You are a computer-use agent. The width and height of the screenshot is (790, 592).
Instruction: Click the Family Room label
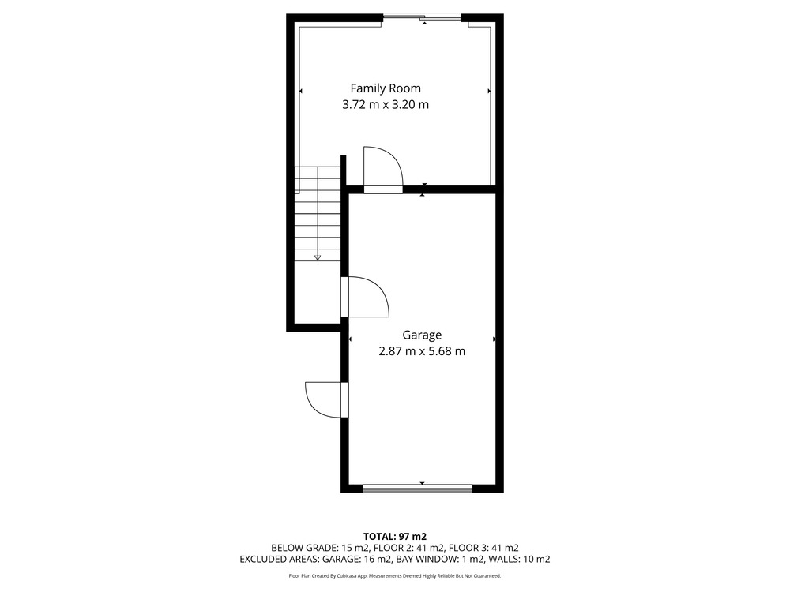[386, 89]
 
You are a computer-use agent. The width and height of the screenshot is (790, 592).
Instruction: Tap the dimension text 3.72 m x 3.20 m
[386, 105]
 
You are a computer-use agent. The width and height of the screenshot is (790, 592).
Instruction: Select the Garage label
[422, 335]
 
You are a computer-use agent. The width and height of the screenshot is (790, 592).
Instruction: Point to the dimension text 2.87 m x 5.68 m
[422, 351]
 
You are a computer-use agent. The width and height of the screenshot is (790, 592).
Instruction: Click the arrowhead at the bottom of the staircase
[318, 258]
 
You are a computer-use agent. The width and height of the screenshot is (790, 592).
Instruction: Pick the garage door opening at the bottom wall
[418, 488]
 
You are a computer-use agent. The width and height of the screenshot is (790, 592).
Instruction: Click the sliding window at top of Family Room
[422, 19]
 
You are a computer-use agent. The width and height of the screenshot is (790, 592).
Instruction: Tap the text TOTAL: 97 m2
[395, 537]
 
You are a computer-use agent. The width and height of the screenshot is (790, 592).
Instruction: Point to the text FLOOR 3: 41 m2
[483, 548]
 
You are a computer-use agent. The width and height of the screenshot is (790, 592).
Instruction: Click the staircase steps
[318, 214]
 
